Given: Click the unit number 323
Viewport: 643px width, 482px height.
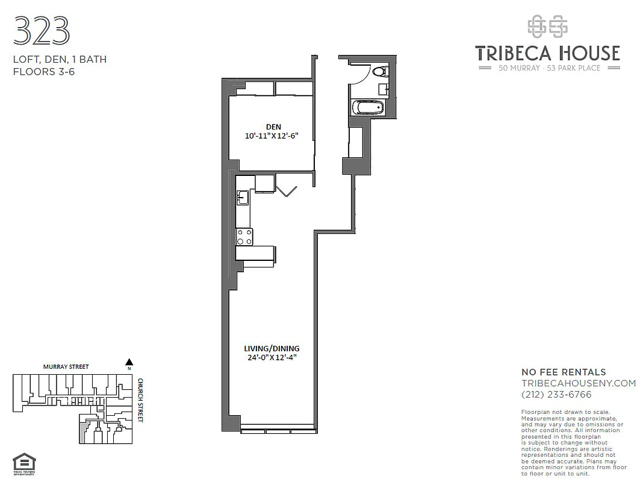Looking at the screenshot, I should click(41, 31).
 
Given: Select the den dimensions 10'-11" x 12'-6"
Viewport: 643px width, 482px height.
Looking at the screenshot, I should click(272, 136).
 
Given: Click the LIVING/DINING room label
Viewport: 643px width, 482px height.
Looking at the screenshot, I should click(272, 348).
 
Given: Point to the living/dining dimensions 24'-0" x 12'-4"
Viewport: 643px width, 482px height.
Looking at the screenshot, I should click(272, 357).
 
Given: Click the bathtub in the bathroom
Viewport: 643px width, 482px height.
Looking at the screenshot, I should click(367, 108).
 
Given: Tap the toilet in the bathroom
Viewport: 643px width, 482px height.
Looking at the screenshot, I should click(379, 72).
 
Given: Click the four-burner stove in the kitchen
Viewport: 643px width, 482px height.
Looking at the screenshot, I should click(244, 237).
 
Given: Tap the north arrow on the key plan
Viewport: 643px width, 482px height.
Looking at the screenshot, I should click(128, 363).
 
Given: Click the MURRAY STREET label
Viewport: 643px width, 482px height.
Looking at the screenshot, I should click(66, 366).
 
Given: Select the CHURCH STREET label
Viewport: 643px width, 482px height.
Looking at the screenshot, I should click(140, 400).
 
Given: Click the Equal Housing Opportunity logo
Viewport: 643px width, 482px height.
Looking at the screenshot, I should click(24, 465).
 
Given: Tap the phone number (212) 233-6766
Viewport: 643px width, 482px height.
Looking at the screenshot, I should click(556, 395).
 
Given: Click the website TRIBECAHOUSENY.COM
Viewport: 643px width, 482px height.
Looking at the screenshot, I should click(578, 383).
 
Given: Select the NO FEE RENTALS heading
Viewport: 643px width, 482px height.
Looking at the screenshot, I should click(564, 372).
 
